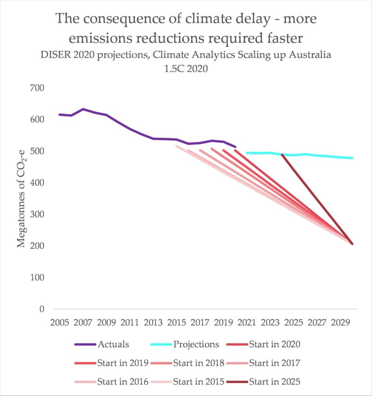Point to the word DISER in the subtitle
tap(55, 55)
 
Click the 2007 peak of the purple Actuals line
tap(83, 109)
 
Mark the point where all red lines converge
tap(352, 244)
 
